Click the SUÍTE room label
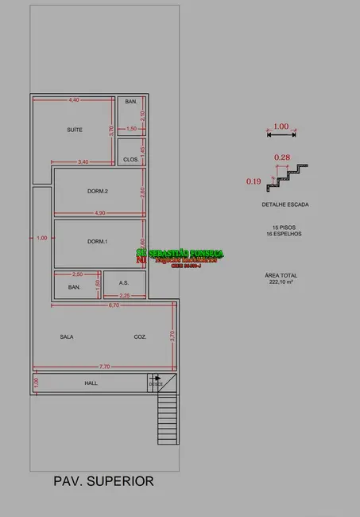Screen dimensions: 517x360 click(75, 129)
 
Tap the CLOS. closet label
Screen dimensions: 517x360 click(131, 159)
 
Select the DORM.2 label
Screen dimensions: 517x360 click(98, 191)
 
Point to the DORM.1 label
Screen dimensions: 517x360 click(97, 241)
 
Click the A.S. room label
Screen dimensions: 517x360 click(124, 282)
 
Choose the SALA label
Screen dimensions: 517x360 click(67, 337)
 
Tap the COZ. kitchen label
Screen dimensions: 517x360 click(140, 337)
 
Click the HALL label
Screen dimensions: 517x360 click(91, 383)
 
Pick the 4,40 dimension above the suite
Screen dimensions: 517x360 click(74, 99)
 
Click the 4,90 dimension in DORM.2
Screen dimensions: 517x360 click(99, 212)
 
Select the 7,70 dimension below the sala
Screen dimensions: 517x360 click(105, 367)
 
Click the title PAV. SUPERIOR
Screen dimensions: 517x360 click(103, 481)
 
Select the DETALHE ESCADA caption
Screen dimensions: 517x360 click(285, 204)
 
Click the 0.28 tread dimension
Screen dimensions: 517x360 click(281, 157)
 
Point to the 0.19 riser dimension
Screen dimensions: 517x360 click(254, 181)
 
